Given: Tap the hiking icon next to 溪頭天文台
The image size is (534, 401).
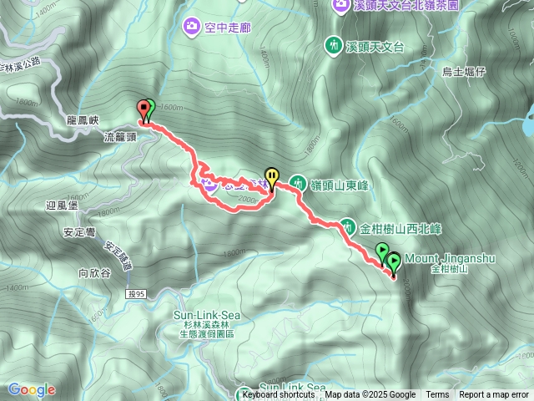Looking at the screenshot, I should [x=334, y=44].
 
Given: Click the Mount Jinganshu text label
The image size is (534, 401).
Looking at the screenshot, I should [x=451, y=259].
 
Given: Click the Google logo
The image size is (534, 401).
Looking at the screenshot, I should [x=32, y=389].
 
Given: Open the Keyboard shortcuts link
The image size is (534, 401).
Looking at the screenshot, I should [x=280, y=395].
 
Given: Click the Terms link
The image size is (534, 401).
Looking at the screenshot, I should [x=437, y=395].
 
